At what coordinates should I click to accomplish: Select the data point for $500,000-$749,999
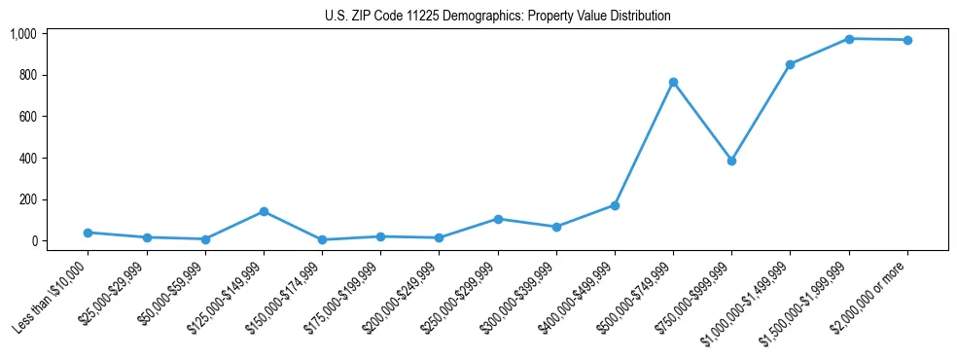point(673,82)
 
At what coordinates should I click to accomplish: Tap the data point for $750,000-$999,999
point(731,161)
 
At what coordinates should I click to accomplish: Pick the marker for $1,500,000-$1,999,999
point(849,39)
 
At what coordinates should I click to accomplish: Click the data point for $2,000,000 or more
point(907,40)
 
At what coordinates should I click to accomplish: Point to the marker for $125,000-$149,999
point(264,211)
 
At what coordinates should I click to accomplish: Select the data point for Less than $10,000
point(88,233)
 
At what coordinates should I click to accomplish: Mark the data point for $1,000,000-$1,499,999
point(790,64)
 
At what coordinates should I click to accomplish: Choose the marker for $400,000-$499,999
point(615,205)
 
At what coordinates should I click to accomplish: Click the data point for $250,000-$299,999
point(498,219)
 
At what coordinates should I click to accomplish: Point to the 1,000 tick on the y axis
point(22,34)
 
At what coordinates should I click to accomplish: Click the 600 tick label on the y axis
point(26,117)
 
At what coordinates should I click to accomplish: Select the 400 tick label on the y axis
point(26,159)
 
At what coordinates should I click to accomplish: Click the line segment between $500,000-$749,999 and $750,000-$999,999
point(702,122)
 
